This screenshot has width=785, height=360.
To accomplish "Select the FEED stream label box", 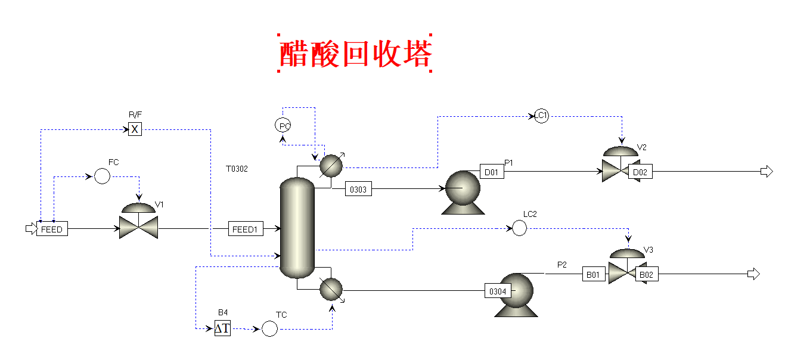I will [x=52, y=229].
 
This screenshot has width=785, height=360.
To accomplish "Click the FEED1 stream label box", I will [x=246, y=229].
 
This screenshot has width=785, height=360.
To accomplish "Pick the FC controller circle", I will [x=103, y=176].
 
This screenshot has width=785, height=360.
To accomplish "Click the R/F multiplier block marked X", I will [x=135, y=129].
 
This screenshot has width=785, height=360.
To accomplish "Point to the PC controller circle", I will [x=283, y=125].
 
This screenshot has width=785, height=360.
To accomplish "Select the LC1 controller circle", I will [x=541, y=116].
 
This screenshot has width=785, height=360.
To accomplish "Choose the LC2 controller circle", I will [x=520, y=228].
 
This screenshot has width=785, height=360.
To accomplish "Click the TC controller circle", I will [x=270, y=328].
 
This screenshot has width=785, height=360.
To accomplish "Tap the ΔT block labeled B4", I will [x=222, y=328].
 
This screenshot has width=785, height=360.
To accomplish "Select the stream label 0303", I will [x=359, y=190].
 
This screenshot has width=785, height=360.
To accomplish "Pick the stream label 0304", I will [x=498, y=291].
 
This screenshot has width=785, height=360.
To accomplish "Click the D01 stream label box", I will [x=492, y=172].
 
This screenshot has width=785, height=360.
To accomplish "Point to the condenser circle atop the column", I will [x=331, y=166].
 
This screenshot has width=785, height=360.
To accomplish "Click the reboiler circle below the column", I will [x=331, y=290].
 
